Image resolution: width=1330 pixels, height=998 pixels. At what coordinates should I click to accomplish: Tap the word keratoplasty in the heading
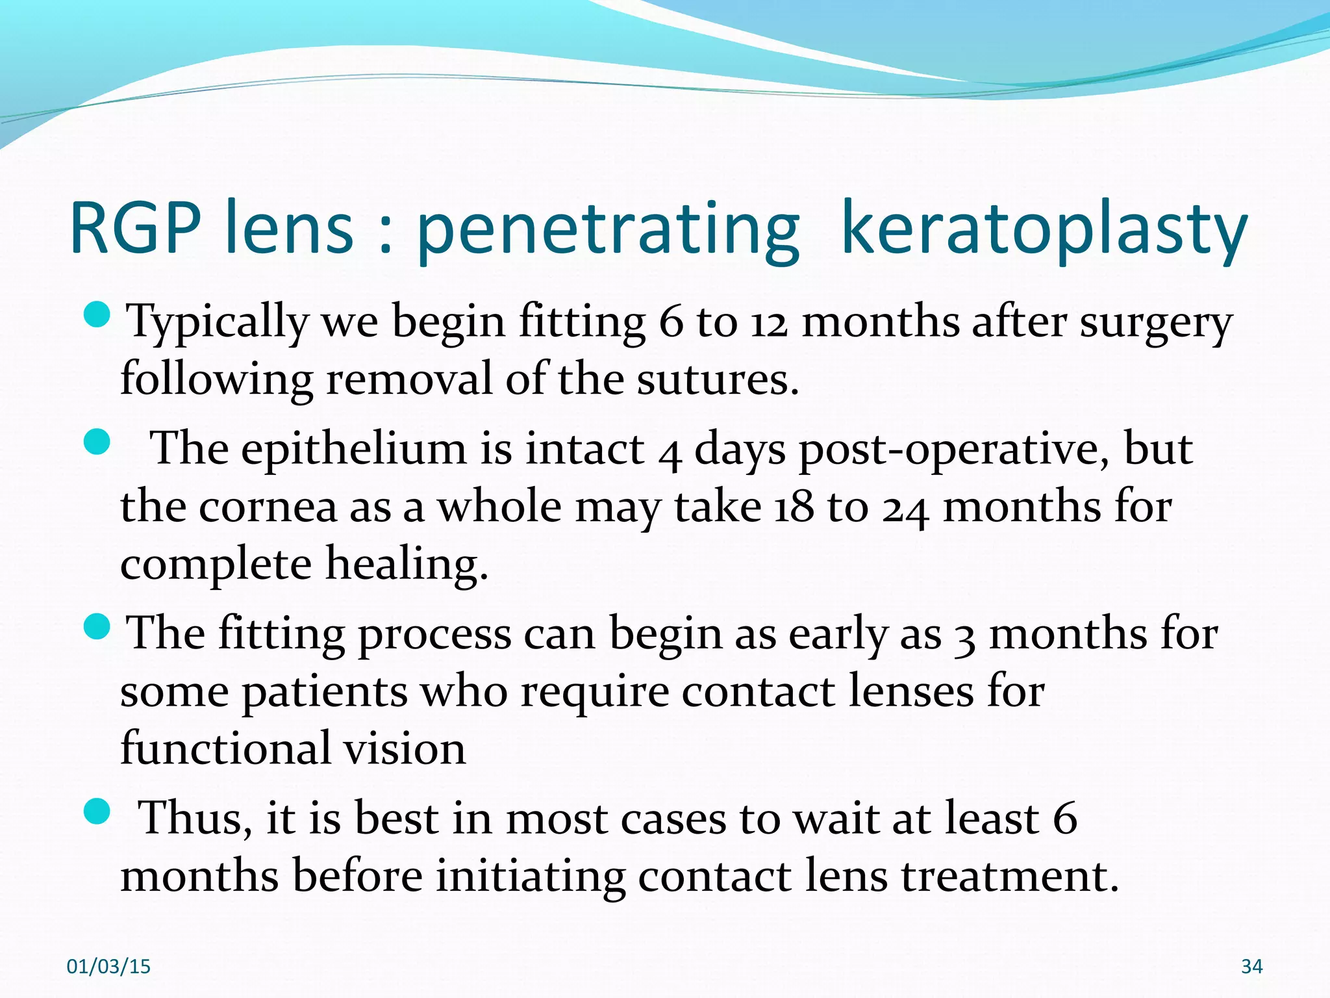[x=1044, y=229]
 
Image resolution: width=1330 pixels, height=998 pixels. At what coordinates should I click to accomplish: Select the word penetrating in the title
[x=608, y=229]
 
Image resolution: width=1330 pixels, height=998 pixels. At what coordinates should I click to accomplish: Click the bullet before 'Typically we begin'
[x=98, y=314]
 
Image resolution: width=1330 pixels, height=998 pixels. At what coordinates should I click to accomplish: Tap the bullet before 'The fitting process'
[x=98, y=626]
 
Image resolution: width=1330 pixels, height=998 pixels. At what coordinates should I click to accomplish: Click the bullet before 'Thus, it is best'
[x=98, y=812]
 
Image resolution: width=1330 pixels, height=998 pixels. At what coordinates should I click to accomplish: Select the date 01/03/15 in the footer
[x=108, y=967]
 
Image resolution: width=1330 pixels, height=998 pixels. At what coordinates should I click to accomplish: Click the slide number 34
[x=1251, y=967]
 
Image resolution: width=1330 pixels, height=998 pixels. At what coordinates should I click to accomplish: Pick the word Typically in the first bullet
[x=217, y=322]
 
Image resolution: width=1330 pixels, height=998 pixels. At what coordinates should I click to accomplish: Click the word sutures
[x=717, y=379]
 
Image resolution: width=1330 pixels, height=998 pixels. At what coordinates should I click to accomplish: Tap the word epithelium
[x=354, y=449]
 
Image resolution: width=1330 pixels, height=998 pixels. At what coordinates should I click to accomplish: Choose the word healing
[x=407, y=564]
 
